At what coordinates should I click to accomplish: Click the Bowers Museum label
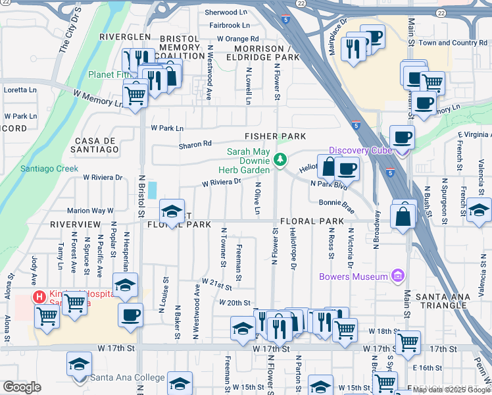coord(353,276)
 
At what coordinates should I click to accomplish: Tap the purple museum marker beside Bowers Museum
coord(397,275)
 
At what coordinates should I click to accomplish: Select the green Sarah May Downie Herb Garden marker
coord(280,159)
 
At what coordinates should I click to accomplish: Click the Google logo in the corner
coord(22,387)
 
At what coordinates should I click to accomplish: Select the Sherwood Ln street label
coord(226,13)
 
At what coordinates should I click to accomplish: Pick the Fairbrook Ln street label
coord(230,26)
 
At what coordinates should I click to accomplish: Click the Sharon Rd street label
coord(195,144)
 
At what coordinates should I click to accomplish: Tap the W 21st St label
coord(217,284)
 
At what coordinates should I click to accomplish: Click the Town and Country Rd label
coord(453,43)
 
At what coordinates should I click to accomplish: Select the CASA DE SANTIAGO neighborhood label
coord(97,145)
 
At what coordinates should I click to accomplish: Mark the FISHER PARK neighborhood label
coord(276,136)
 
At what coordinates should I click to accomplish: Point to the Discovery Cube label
coord(360,151)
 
